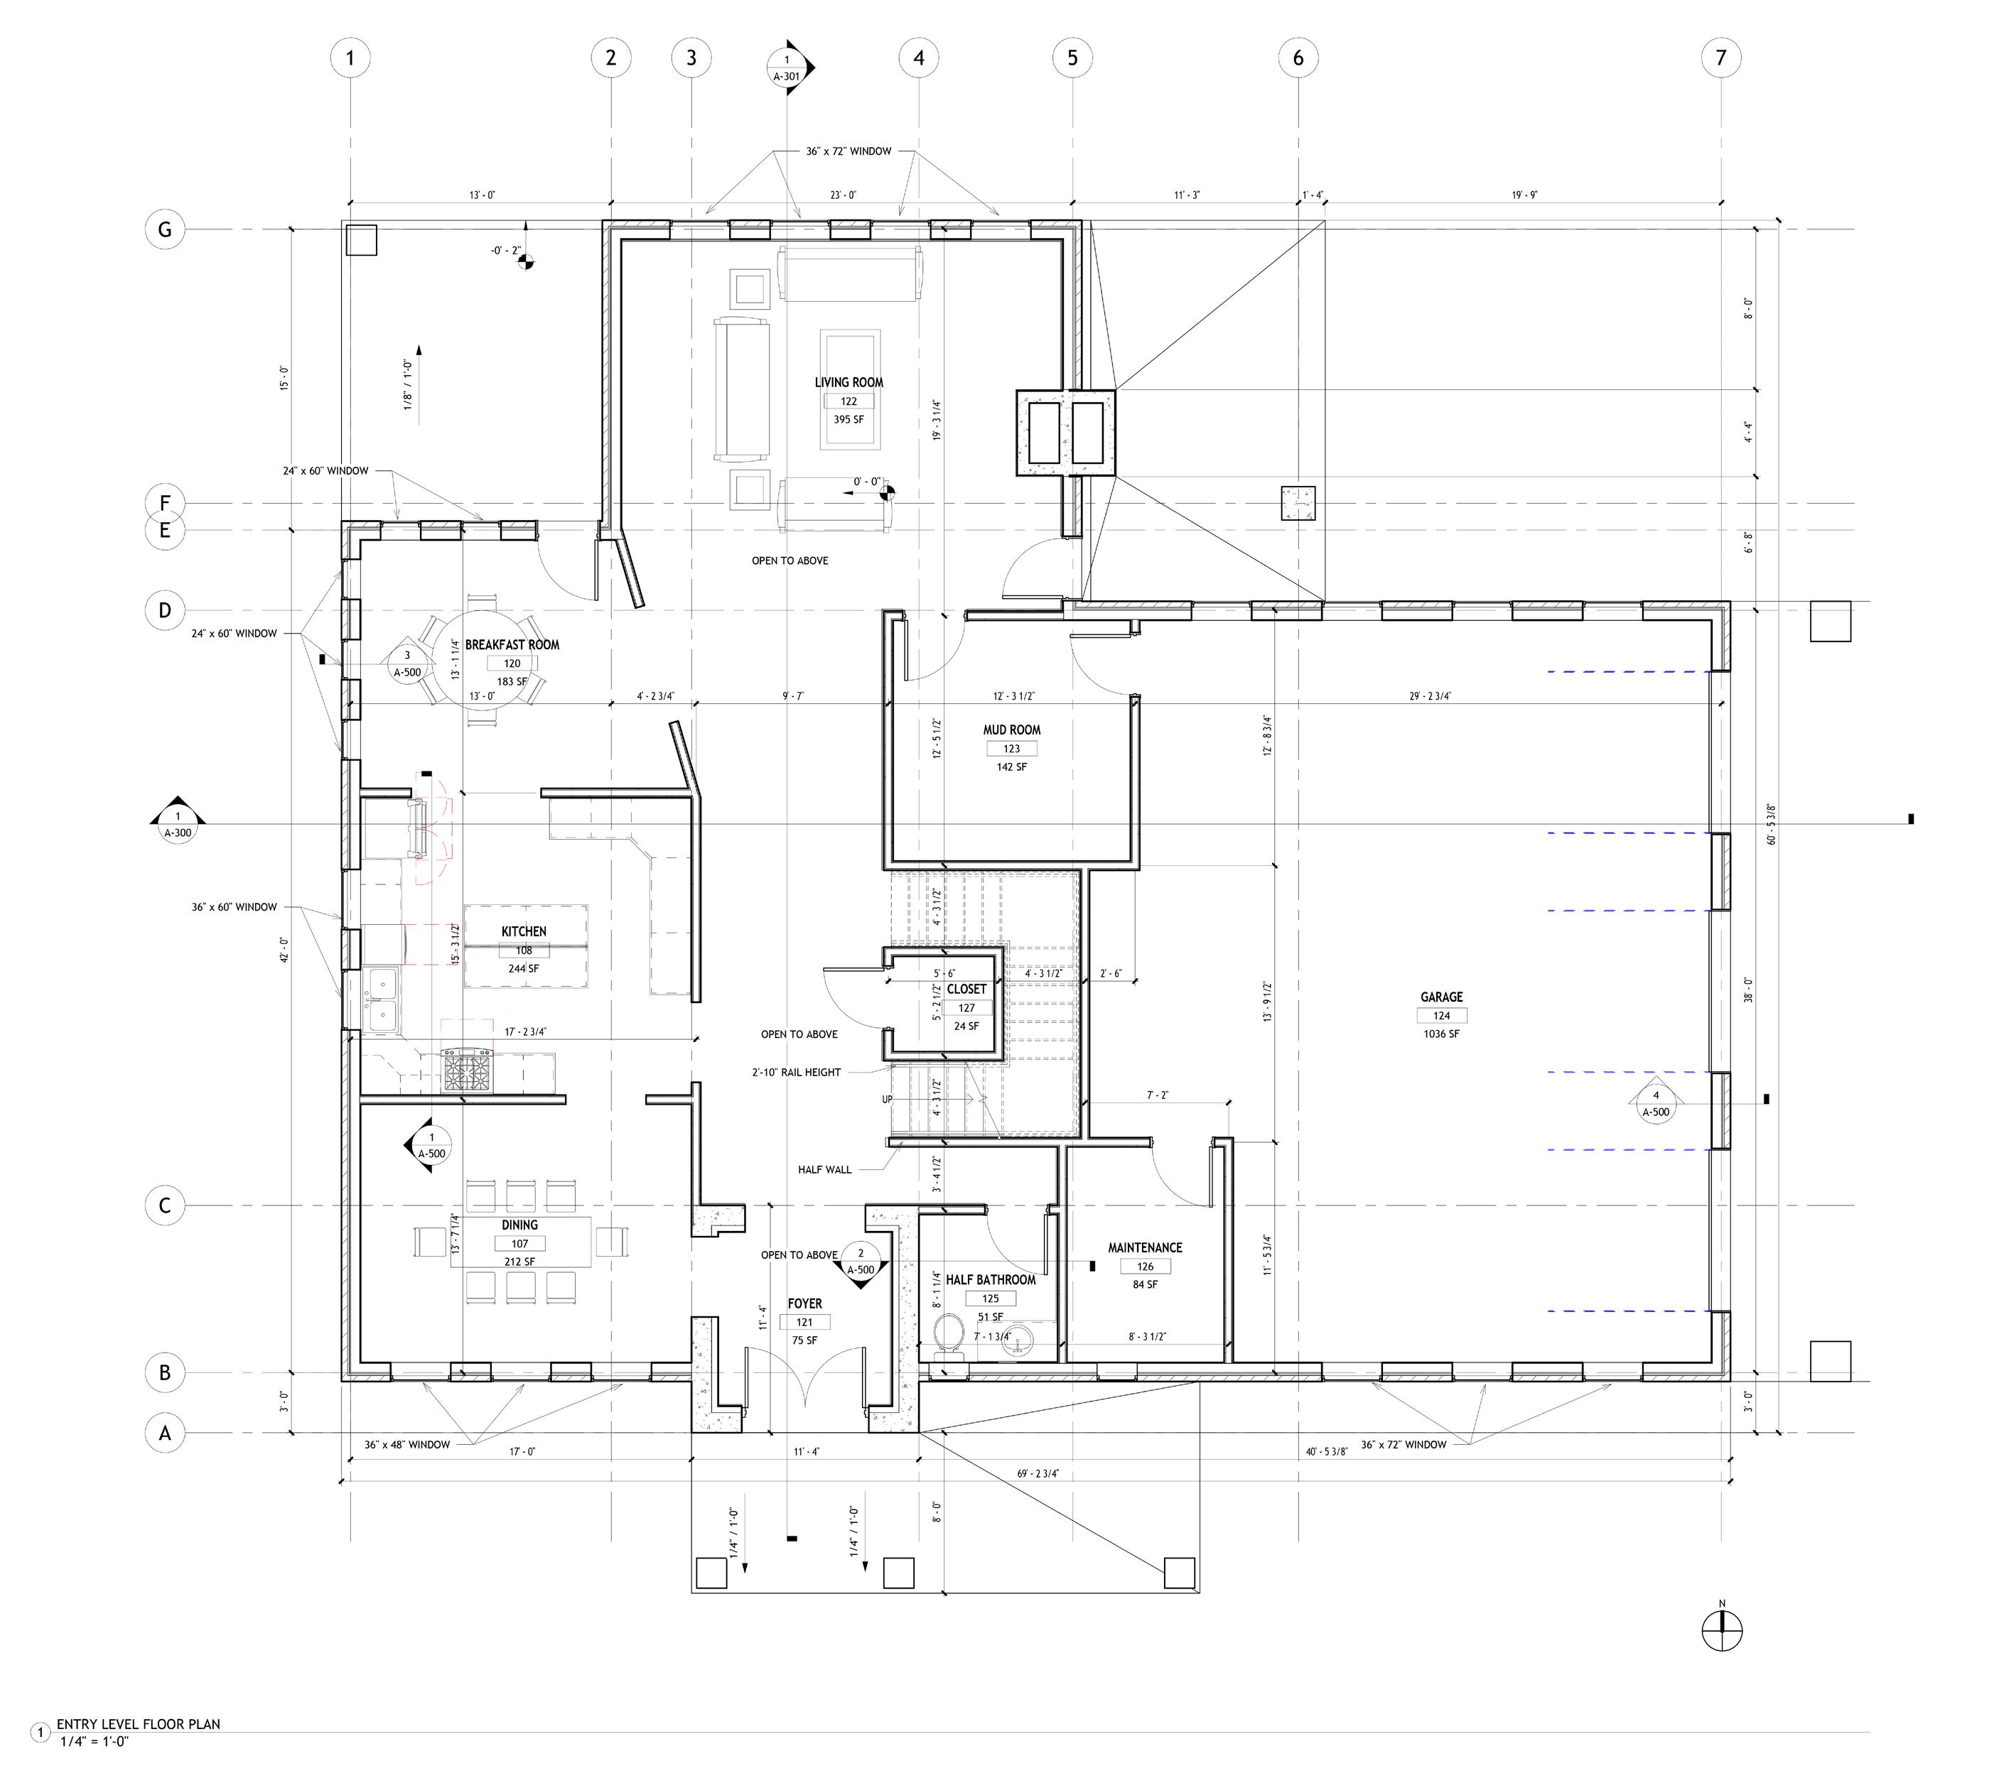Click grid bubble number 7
(x=1720, y=58)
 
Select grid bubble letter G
(x=165, y=229)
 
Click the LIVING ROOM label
(x=849, y=382)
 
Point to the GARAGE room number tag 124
(x=1441, y=1016)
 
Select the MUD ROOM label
(x=1012, y=730)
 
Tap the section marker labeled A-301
(x=787, y=67)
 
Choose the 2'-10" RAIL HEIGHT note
(x=796, y=1073)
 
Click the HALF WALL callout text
(x=824, y=1169)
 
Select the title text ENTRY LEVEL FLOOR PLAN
(x=139, y=1723)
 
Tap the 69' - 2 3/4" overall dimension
(x=1038, y=1473)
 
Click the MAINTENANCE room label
(x=1145, y=1248)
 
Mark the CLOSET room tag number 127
(x=966, y=1008)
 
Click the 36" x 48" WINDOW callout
(x=407, y=1445)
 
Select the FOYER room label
(x=805, y=1304)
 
